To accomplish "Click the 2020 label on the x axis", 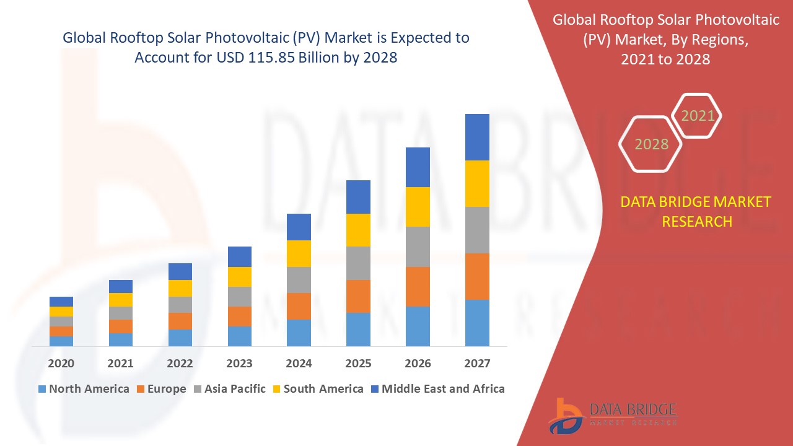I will [61, 363].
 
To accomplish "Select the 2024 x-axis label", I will [299, 363].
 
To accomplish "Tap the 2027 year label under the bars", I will [477, 363].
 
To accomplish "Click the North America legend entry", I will [84, 389].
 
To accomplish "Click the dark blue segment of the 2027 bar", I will [477, 137].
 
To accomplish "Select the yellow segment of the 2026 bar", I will [418, 206].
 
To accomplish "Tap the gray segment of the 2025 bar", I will [358, 263].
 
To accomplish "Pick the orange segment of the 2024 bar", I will [299, 306].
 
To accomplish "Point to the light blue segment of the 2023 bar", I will [239, 336].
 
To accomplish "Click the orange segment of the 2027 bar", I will [477, 276].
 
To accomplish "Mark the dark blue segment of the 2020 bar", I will [61, 301].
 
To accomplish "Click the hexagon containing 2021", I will [697, 116].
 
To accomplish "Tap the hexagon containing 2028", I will [651, 144].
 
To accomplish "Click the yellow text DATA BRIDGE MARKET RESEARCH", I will [696, 211].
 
